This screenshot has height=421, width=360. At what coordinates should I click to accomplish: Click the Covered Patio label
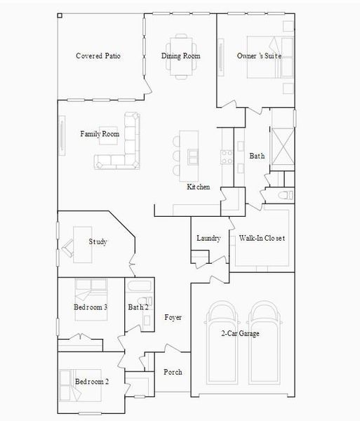point(98,56)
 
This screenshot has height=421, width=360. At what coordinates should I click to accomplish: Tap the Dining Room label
point(181,56)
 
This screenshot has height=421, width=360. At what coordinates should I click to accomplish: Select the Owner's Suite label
point(255,56)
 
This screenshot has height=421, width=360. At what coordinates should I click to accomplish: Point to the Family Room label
point(100,134)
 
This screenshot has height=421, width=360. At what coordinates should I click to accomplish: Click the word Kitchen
point(198,187)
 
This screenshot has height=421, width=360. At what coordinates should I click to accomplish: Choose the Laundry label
point(209,239)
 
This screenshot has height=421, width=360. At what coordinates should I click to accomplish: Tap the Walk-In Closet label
point(262,239)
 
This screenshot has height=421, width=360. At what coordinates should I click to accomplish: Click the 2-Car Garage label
point(240,333)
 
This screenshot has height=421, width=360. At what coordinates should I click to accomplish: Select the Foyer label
point(173,318)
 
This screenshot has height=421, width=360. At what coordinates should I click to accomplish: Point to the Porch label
point(173,372)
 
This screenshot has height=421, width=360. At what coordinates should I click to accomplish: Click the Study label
point(98,242)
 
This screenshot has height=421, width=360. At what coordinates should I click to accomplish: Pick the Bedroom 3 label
point(91,307)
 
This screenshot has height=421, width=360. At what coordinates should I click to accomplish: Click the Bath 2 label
point(138,307)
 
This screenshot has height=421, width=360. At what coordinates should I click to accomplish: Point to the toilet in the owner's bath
point(284,195)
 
